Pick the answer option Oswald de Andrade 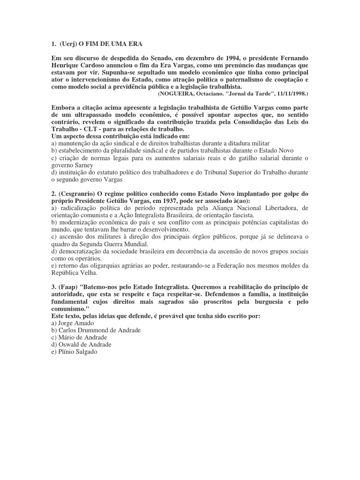point(83,345)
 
